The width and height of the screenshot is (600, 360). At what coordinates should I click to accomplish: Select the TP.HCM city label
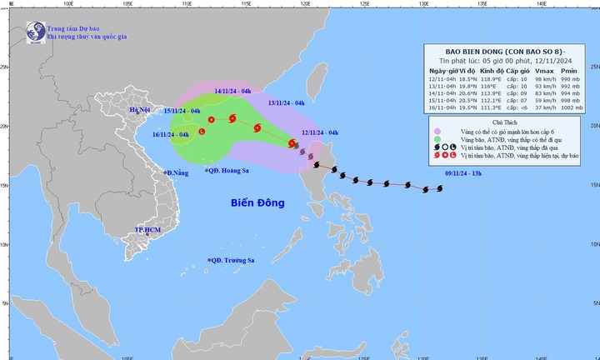(x=147, y=228)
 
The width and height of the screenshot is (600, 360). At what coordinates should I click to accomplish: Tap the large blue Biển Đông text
(x=257, y=203)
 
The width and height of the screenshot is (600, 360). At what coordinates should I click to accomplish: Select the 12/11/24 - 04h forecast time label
(x=320, y=132)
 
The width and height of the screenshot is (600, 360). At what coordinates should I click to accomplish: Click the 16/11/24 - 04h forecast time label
(x=171, y=134)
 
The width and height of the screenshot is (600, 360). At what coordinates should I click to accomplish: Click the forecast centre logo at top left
(x=36, y=32)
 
